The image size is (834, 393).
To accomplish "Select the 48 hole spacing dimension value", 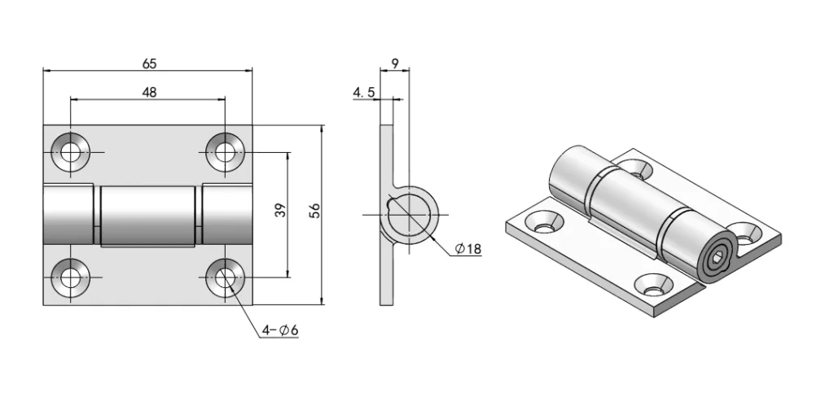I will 149,92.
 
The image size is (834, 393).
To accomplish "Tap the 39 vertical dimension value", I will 279,211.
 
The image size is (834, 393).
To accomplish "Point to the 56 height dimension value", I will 314,210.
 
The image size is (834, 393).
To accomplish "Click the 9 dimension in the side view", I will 396,63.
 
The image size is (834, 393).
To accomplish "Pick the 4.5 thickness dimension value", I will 363,93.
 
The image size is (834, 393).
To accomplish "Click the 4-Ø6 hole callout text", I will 279,330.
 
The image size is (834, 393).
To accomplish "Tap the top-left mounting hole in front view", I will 70,151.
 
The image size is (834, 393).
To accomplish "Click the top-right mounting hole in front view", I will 224,151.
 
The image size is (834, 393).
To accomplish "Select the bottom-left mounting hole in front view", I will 70,277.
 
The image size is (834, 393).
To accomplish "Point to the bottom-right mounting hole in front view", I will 224,277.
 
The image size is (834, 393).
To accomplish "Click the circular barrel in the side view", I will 412,214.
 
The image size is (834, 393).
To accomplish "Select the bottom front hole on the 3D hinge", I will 656,285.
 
